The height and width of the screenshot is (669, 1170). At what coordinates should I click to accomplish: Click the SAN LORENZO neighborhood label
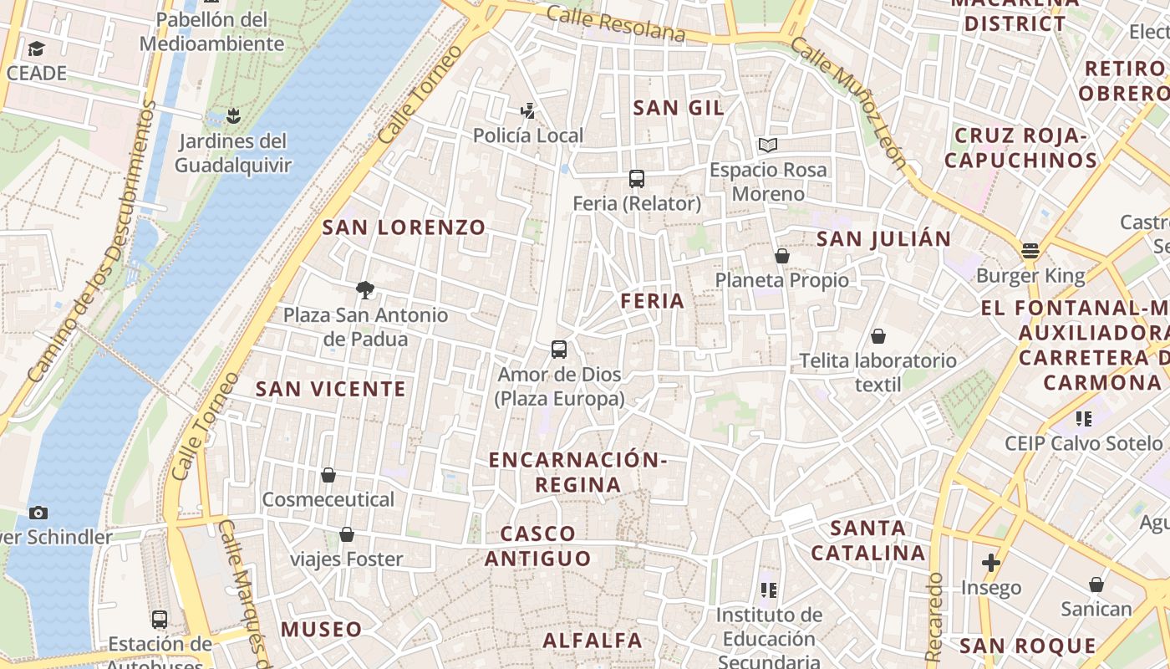[x=404, y=227]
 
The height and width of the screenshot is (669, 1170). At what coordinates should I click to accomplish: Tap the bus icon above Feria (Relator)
[x=637, y=178]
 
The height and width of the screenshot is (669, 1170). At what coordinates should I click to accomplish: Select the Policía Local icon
[x=527, y=110]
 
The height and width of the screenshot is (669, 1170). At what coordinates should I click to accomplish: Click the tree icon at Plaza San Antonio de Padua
[x=364, y=290]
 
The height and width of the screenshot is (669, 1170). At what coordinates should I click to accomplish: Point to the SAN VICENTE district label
[x=331, y=389]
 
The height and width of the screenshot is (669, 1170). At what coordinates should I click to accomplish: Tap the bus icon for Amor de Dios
[x=559, y=349]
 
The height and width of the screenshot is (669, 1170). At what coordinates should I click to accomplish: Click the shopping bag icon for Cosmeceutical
[x=328, y=475]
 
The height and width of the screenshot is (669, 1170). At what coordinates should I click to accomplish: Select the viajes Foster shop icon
[x=347, y=534]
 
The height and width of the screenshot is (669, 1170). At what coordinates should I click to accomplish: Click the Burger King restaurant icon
[x=1030, y=251]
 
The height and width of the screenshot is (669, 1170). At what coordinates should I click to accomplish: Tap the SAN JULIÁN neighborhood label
[x=883, y=239]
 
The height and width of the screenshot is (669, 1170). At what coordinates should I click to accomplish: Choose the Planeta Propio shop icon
[x=782, y=255]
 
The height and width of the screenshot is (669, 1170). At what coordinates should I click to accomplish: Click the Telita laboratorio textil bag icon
[x=878, y=336]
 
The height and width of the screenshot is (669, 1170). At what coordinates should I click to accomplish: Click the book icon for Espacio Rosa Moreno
[x=768, y=145]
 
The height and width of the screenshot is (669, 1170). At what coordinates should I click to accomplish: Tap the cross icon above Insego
[x=991, y=563]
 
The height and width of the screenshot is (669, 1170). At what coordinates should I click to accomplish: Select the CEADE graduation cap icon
[x=36, y=49]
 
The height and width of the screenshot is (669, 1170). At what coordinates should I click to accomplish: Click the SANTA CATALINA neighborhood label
[x=869, y=540]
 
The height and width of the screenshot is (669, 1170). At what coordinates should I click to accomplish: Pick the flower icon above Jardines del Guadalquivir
[x=233, y=115]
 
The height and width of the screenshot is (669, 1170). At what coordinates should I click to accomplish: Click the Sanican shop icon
[x=1096, y=585]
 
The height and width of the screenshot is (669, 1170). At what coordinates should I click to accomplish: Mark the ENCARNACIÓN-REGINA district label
[x=578, y=472]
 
